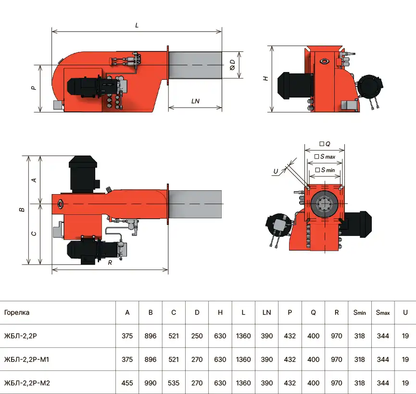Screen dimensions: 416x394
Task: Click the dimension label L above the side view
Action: [x=137, y=25]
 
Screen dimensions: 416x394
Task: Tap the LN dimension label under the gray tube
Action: [x=195, y=101]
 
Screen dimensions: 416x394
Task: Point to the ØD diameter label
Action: [x=232, y=65]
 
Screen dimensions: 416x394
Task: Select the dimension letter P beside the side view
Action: [x=34, y=88]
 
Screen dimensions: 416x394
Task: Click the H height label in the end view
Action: [x=265, y=78]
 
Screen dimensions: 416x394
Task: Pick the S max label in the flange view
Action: [x=325, y=157]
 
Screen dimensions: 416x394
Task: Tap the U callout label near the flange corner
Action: [x=276, y=171]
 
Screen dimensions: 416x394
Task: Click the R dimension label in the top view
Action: [x=110, y=262]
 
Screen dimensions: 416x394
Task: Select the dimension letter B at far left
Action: [x=22, y=209]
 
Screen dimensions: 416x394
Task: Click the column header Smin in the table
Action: [x=359, y=313]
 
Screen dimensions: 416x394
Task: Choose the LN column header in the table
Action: [x=266, y=313]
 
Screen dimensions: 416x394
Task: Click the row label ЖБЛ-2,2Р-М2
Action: [x=27, y=383]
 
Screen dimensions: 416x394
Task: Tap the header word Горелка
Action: [x=17, y=313]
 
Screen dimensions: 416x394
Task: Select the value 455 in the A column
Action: [x=127, y=383]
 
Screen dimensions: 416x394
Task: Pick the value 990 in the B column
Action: [x=151, y=383]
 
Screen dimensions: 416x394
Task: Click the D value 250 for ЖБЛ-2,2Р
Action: [x=197, y=336]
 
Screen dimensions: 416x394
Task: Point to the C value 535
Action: [x=174, y=383]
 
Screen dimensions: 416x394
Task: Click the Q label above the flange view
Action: [x=325, y=144]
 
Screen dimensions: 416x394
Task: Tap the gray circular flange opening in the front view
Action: [x=325, y=204]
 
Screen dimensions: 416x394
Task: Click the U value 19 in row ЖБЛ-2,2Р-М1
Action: [x=405, y=359]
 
